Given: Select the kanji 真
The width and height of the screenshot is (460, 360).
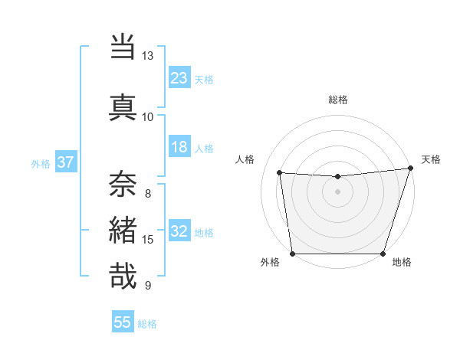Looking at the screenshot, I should pos(123,105).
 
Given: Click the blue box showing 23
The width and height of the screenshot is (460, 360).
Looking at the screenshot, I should pos(179,77).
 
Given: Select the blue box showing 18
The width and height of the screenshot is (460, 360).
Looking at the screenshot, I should pos(179,147).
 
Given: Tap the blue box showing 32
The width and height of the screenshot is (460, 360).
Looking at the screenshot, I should pos(179,232).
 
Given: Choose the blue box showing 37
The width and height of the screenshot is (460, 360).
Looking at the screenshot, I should pos(66,162).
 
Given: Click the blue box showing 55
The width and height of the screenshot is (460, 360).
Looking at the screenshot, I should pos(123,322).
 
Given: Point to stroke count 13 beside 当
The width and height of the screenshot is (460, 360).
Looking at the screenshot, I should pos(147,56).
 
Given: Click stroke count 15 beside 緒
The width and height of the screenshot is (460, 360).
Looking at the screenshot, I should pos(148,240).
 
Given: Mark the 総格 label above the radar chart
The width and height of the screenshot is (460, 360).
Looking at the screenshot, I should pos(337,100).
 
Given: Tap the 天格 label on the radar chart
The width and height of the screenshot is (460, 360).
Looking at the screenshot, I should pos(431,159).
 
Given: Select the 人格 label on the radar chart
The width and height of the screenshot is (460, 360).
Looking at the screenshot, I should pos(245,159).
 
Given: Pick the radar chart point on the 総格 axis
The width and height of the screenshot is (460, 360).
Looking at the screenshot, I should pos(337,177).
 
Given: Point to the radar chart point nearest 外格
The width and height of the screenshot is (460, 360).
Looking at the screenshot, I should pos(292,254).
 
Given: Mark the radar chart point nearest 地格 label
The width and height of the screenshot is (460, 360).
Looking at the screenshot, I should pos(383,254).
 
